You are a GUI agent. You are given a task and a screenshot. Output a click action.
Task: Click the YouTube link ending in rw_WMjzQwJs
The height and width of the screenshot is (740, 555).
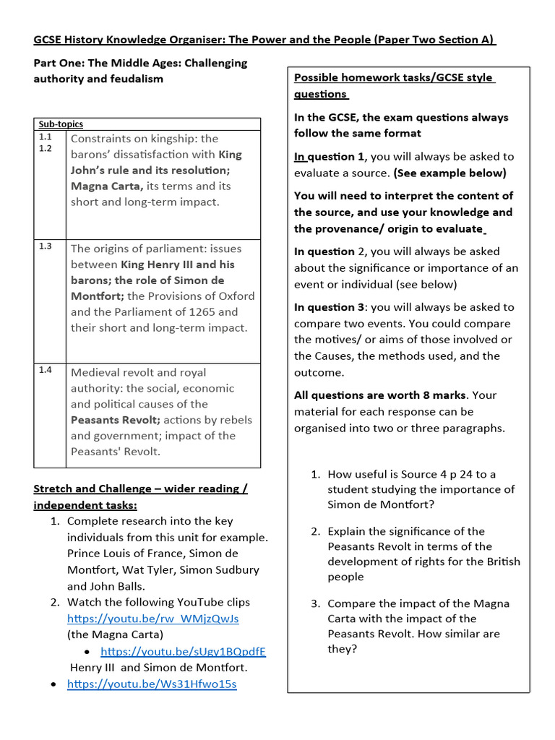(152, 619)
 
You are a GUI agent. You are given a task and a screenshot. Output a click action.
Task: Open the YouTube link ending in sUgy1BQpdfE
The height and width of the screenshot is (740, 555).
(183, 651)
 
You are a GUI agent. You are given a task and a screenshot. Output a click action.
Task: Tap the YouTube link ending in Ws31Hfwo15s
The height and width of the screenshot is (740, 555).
(152, 684)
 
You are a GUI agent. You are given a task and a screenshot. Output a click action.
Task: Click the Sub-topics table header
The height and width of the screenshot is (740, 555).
(61, 124)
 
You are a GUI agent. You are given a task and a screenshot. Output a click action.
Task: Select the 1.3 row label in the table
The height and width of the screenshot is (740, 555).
(46, 246)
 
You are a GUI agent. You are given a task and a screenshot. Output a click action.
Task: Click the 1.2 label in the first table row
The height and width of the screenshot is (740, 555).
(46, 148)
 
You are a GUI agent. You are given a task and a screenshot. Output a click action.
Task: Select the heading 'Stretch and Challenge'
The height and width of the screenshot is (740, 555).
(92, 489)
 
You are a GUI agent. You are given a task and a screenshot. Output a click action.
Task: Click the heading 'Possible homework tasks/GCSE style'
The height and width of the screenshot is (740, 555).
(394, 78)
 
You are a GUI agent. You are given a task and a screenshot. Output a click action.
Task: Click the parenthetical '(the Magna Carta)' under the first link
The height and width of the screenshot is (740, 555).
(115, 634)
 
